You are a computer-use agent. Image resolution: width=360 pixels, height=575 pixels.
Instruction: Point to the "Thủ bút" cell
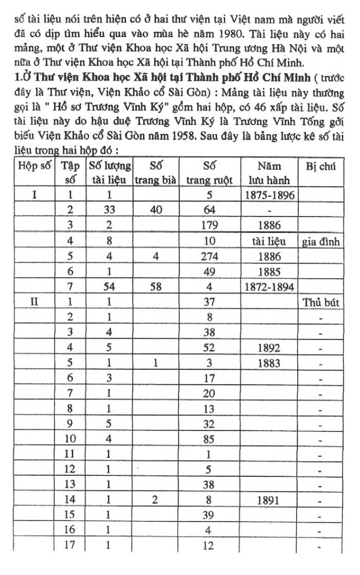pyautogui.click(x=320, y=302)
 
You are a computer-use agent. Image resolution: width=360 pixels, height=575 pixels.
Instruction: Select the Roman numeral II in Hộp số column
pyautogui.click(x=34, y=301)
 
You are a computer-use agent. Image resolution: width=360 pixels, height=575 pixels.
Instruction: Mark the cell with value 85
pyautogui.click(x=209, y=439)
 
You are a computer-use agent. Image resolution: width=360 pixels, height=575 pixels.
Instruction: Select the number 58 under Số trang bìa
pyautogui.click(x=155, y=286)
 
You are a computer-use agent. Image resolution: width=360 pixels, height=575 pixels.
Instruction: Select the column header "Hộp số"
pyautogui.click(x=34, y=165)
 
